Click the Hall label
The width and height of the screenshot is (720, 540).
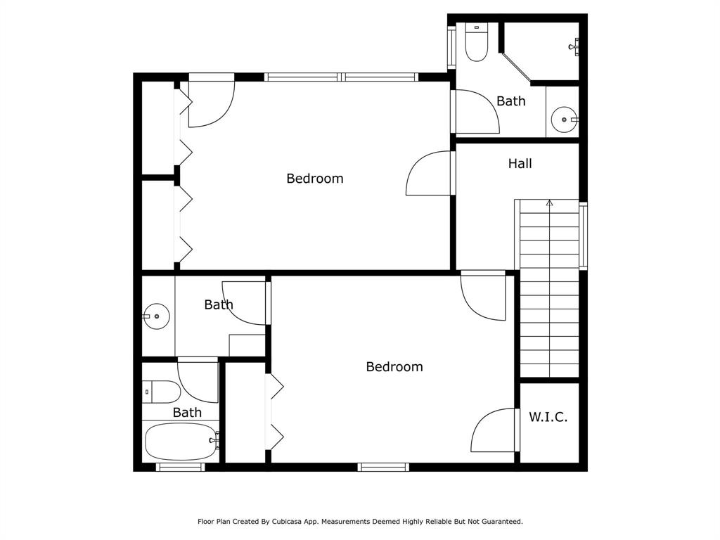(520, 164)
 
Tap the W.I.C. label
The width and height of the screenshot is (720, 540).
(548, 417)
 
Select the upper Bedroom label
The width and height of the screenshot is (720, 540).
(314, 179)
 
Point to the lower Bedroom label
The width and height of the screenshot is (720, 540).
(394, 367)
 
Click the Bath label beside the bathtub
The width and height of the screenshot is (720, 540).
(187, 413)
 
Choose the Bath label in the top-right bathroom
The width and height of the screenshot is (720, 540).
(510, 101)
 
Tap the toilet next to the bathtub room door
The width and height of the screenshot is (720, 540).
(161, 392)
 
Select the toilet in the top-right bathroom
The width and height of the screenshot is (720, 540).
(477, 43)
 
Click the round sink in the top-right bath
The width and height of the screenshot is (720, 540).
(564, 120)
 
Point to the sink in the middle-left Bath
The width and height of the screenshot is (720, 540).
(156, 316)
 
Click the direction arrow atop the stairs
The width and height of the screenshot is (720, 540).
(549, 204)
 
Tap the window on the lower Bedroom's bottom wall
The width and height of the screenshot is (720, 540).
(383, 467)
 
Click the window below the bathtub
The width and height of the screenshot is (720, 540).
(180, 467)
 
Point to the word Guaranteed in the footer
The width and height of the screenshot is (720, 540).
(499, 522)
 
